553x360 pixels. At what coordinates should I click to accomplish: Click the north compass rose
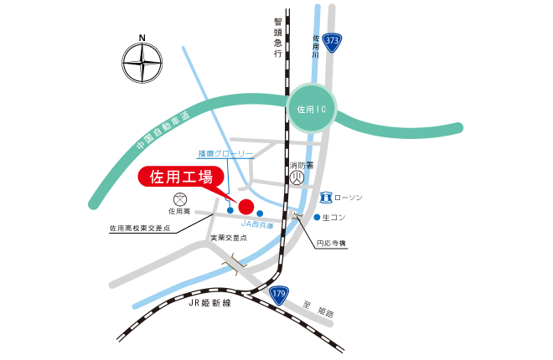click(x=142, y=62)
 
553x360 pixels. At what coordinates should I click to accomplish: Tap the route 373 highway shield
click(x=333, y=43)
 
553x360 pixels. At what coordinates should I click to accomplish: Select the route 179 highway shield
click(x=280, y=294)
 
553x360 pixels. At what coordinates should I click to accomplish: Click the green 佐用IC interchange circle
click(x=313, y=109)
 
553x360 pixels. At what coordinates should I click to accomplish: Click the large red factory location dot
click(x=246, y=206)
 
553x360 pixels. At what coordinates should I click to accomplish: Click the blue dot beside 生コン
click(x=317, y=218)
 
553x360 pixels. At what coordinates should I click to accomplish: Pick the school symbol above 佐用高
click(x=179, y=200)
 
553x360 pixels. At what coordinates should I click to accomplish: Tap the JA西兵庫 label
click(x=257, y=225)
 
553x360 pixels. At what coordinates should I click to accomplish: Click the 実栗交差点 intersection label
click(x=229, y=238)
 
